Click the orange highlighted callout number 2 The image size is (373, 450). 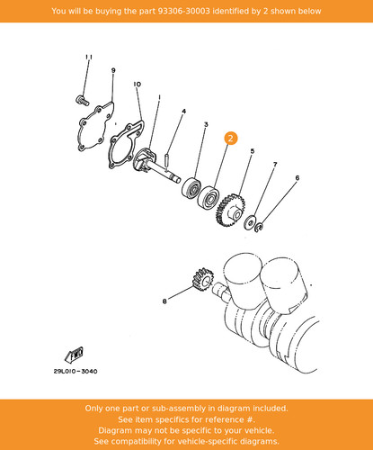[230, 139]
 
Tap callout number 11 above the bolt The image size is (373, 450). [89, 57]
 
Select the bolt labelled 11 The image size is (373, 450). [82, 100]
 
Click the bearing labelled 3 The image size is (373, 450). [191, 188]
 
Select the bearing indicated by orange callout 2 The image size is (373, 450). [209, 197]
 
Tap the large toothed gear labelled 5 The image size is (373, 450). [230, 210]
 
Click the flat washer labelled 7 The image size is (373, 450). [249, 222]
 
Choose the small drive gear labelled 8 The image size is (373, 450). [202, 280]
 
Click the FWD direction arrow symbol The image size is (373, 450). [74, 355]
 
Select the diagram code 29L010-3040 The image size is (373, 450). [75, 372]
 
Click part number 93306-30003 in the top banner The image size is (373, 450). [184, 11]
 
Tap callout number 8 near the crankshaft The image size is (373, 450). [164, 301]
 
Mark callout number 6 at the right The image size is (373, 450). [298, 178]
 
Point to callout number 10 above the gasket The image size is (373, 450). [137, 85]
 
